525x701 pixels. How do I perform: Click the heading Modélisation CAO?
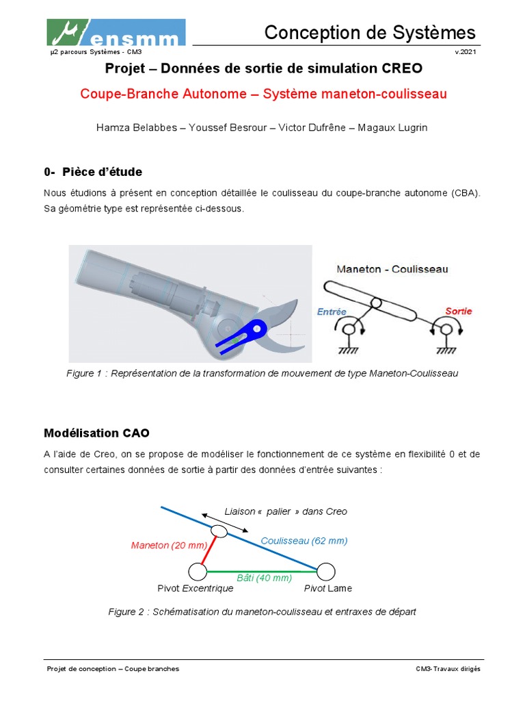(96, 433)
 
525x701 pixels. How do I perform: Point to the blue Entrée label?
(332, 311)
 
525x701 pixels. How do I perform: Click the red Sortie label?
(458, 311)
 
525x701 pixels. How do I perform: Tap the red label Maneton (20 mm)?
(168, 545)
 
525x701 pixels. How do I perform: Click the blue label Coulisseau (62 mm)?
(304, 541)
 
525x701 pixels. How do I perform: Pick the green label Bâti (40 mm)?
(264, 577)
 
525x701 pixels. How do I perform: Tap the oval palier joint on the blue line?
(219, 531)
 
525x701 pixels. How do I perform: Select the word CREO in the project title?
(403, 68)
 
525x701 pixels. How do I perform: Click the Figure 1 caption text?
(262, 373)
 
